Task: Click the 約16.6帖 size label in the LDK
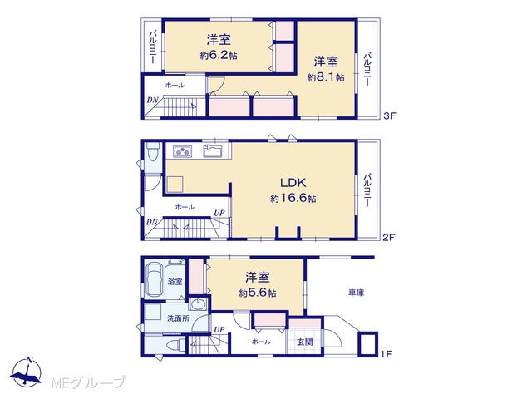(293, 198)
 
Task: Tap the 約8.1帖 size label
(326, 77)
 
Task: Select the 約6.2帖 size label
(219, 56)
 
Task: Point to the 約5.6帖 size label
(257, 293)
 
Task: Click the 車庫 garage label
(356, 293)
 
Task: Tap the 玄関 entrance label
(305, 342)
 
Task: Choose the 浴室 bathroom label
(175, 281)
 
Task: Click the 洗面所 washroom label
(179, 318)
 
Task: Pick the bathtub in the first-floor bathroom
(155, 279)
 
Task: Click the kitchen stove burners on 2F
(183, 151)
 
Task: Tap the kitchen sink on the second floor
(213, 150)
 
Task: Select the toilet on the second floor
(153, 152)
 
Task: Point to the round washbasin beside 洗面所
(198, 304)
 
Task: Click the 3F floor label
(390, 116)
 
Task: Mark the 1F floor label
(386, 354)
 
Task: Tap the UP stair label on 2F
(219, 213)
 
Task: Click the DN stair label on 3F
(152, 100)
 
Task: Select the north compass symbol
(26, 372)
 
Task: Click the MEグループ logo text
(88, 382)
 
